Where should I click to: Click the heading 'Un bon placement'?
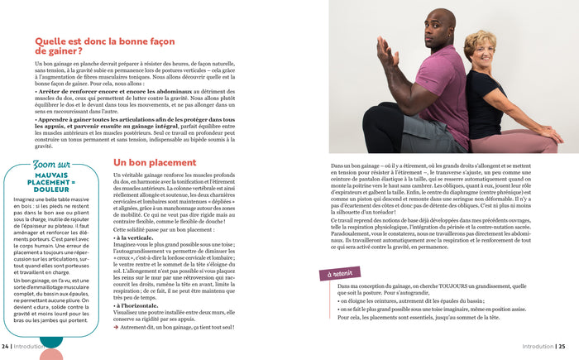point(155,163)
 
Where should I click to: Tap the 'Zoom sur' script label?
point(51,164)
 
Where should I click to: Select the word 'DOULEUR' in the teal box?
point(56,189)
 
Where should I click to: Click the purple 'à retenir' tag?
point(340,273)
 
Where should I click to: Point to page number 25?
point(562,347)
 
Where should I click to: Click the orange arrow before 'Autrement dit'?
point(116,328)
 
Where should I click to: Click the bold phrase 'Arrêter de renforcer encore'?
point(74,91)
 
